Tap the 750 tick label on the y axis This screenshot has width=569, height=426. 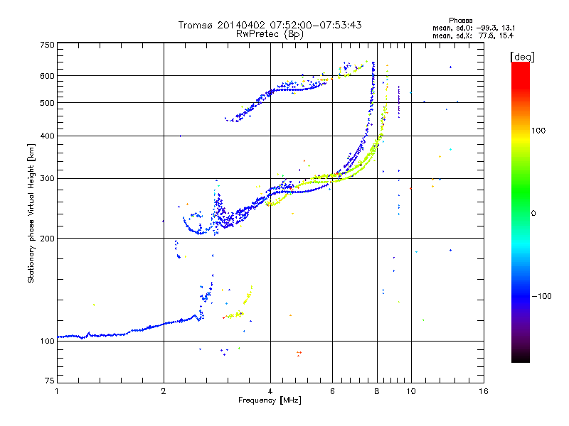click(47, 45)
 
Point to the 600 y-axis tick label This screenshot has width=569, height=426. click(47, 76)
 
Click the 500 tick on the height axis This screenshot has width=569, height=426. click(47, 103)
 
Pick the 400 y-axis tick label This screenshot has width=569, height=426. click(47, 136)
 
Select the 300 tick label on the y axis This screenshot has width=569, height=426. click(47, 178)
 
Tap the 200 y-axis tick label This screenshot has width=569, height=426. click(47, 239)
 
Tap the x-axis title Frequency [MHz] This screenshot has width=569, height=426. click(270, 401)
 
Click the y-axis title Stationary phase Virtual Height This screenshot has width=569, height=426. click(31, 213)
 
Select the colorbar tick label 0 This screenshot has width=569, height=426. click(536, 213)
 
